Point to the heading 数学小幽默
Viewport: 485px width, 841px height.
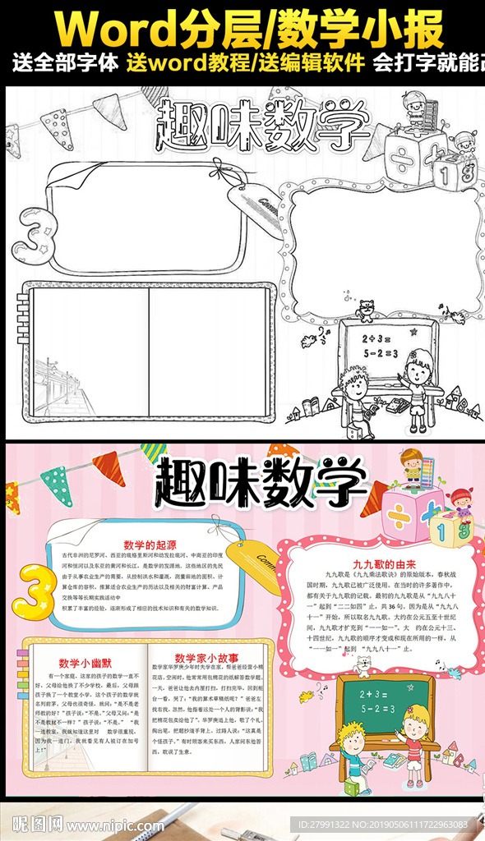pos(85,663)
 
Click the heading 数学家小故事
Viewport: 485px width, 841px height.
pos(206,658)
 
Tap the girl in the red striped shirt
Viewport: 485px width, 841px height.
pos(415,736)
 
